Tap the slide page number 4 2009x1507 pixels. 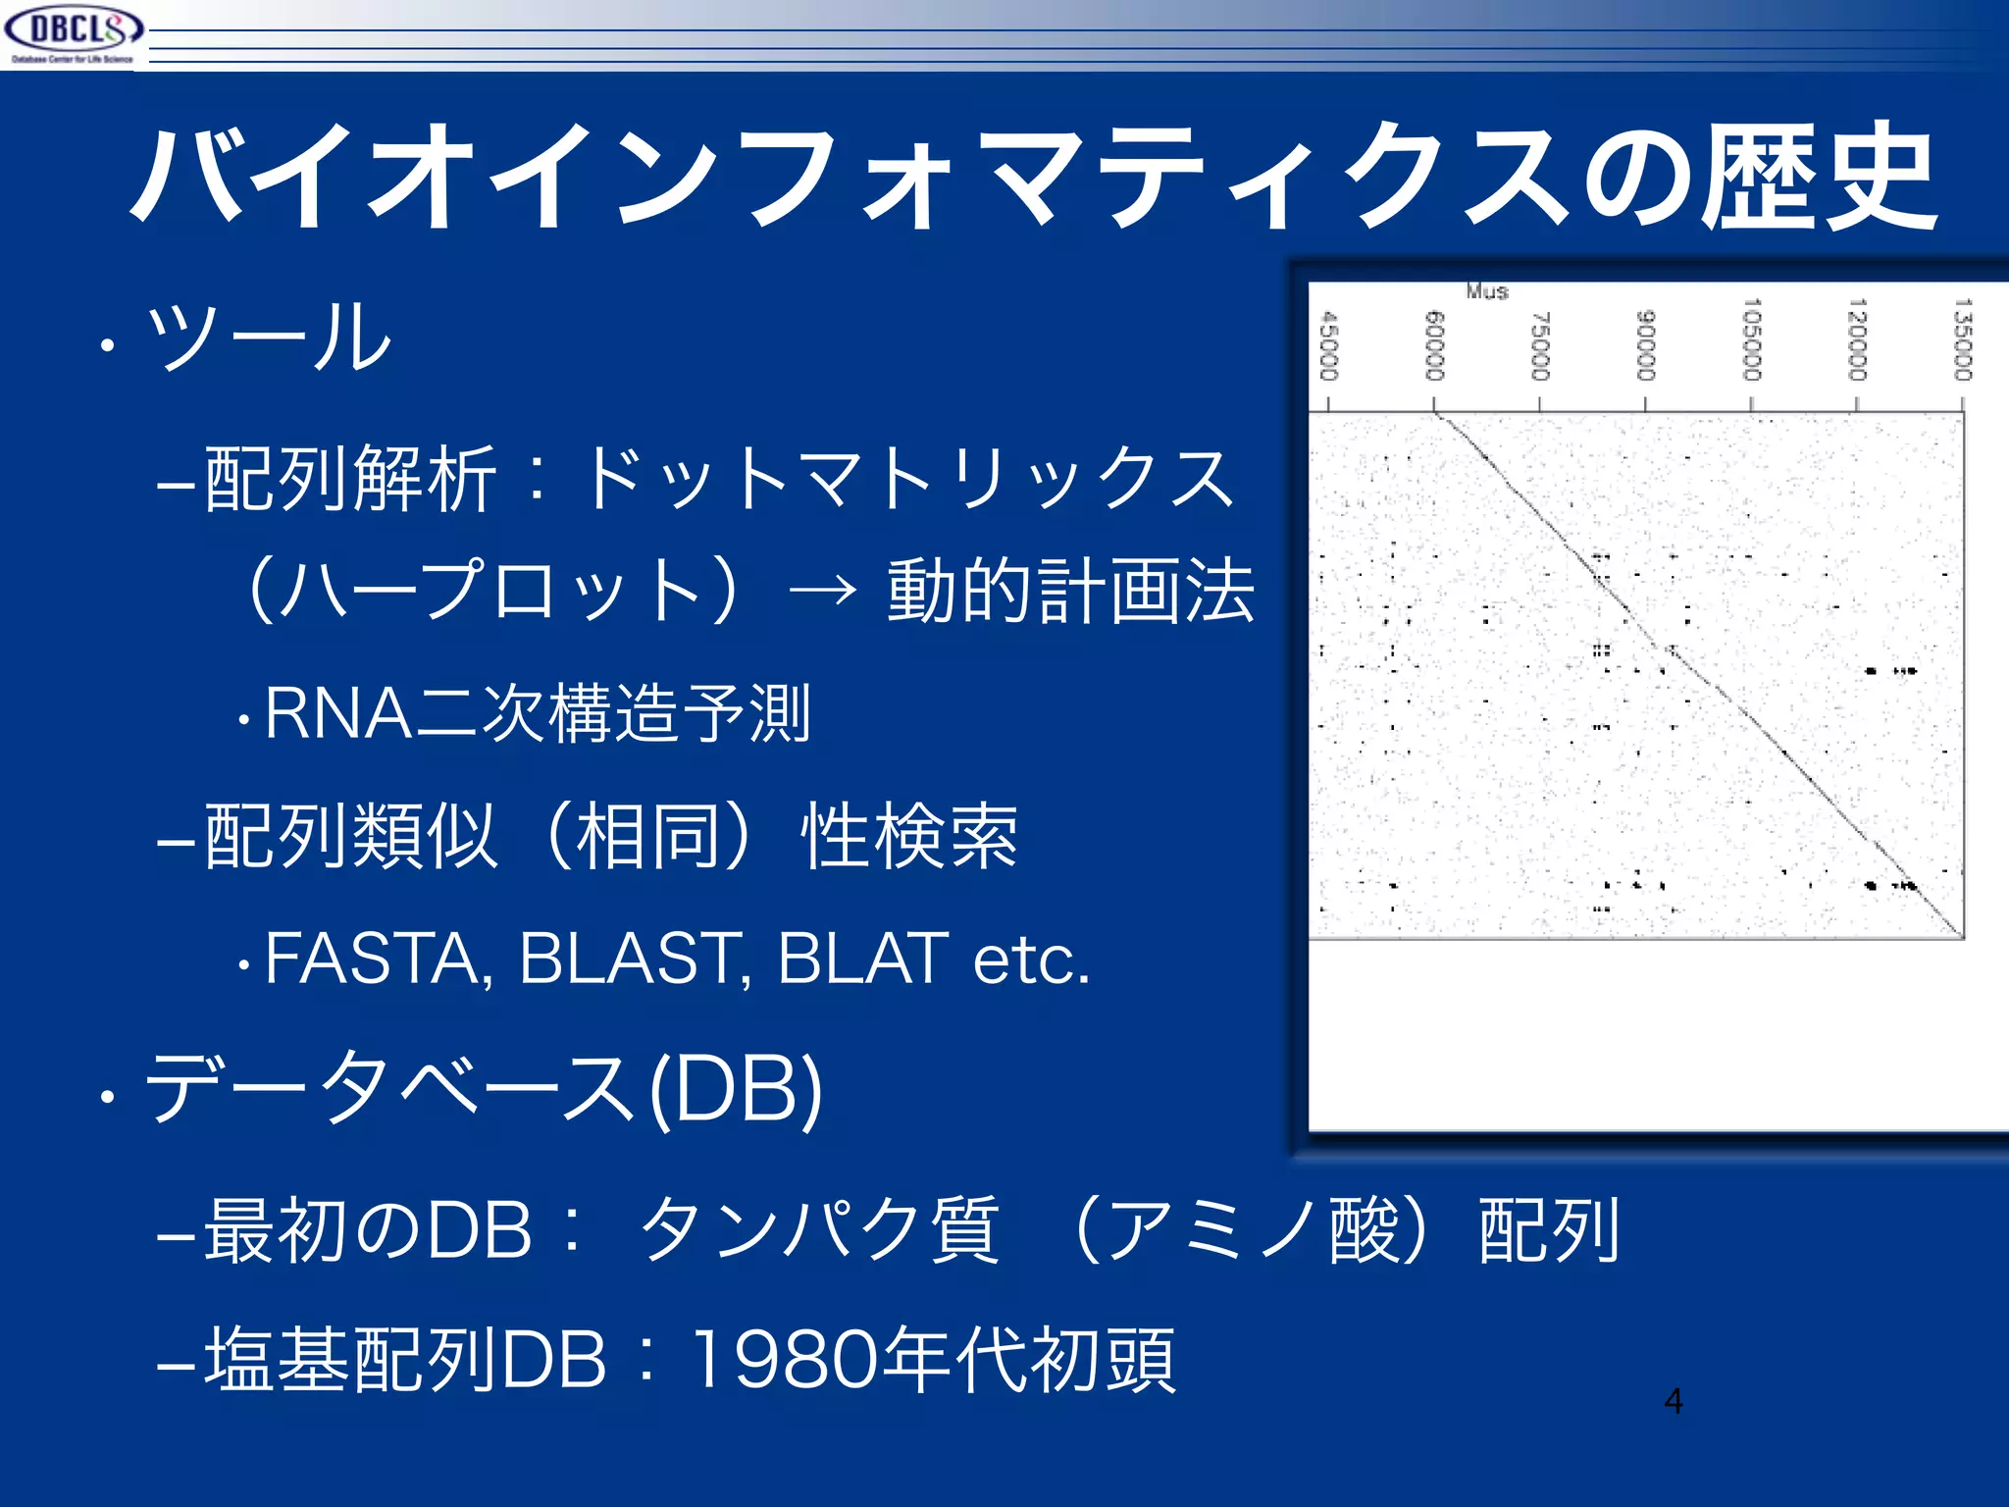[x=1674, y=1401]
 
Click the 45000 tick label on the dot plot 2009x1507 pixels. [x=1329, y=345]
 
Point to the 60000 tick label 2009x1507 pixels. [x=1434, y=344]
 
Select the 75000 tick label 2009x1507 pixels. [x=1540, y=345]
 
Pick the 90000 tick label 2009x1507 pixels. [x=1646, y=344]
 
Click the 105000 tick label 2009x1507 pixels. [x=1752, y=339]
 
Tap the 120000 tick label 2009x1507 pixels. [x=1857, y=339]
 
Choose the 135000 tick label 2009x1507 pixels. [x=1962, y=339]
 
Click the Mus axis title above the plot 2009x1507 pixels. [x=1487, y=291]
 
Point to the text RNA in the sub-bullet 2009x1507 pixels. [x=338, y=713]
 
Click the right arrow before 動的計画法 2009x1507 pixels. [x=822, y=592]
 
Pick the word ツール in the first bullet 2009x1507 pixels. [x=267, y=337]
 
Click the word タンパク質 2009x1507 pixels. [x=818, y=1230]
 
